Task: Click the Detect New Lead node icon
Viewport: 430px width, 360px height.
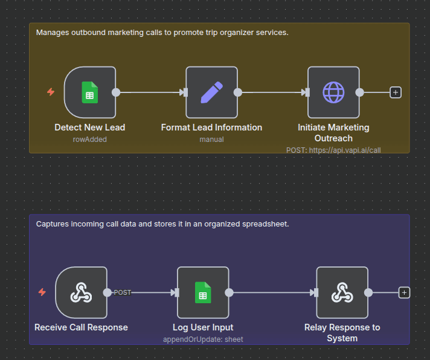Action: click(x=89, y=92)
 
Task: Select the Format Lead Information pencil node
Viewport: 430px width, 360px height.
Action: click(x=211, y=92)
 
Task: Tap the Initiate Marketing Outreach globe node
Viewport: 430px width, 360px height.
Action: click(x=333, y=92)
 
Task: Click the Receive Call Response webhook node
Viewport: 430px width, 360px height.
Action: click(x=81, y=292)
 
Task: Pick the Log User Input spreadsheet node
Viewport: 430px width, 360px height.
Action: click(x=203, y=292)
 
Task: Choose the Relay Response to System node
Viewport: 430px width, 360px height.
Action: click(x=342, y=292)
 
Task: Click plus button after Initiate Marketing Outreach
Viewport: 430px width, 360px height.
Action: click(x=396, y=92)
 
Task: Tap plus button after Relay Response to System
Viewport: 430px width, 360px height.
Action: click(x=405, y=292)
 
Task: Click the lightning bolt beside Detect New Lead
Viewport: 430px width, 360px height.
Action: click(x=51, y=92)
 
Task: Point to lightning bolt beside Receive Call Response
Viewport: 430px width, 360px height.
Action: click(x=42, y=292)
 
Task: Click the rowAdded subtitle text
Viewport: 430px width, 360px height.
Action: click(x=89, y=139)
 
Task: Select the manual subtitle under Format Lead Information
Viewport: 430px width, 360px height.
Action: click(x=211, y=139)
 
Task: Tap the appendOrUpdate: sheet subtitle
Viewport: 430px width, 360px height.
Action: click(x=203, y=339)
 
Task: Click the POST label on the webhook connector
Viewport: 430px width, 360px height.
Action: click(x=123, y=292)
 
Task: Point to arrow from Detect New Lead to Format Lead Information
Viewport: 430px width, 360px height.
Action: click(x=151, y=92)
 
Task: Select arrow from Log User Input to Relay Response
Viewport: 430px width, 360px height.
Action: click(x=272, y=292)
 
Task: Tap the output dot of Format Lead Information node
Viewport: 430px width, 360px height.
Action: click(x=238, y=92)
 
